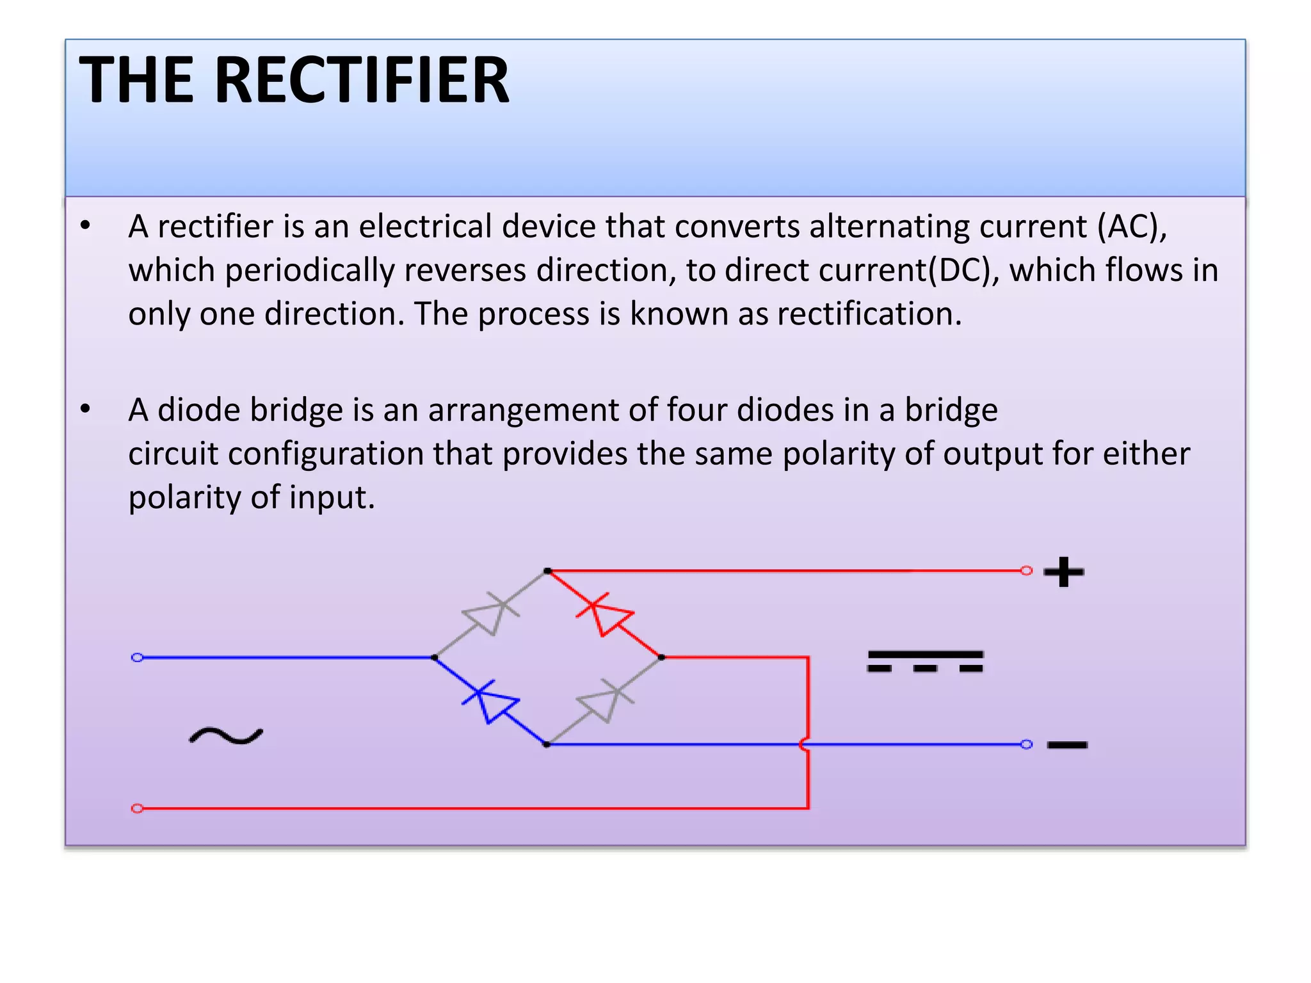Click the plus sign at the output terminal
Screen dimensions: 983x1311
pyautogui.click(x=1064, y=571)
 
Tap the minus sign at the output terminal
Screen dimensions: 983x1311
pyautogui.click(x=1067, y=744)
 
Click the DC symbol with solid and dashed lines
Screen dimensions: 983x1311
pyautogui.click(x=925, y=661)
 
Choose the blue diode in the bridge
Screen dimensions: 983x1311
pyautogui.click(x=491, y=701)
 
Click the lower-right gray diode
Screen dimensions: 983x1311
pyautogui.click(x=605, y=701)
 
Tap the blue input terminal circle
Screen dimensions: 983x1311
pyautogui.click(x=137, y=657)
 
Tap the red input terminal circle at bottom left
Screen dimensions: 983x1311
pyautogui.click(x=137, y=808)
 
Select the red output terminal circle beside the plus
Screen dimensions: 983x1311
pyautogui.click(x=1026, y=570)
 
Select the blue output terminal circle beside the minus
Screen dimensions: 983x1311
pyautogui.click(x=1026, y=744)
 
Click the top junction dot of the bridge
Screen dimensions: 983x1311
pyautogui.click(x=547, y=570)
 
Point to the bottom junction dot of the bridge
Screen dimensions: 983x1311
pyautogui.click(x=546, y=744)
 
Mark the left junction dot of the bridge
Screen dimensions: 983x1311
pyautogui.click(x=434, y=657)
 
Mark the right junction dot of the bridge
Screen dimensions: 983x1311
pyautogui.click(x=661, y=657)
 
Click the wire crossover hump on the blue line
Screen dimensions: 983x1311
pyautogui.click(x=805, y=744)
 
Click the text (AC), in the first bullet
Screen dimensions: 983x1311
pyautogui.click(x=1132, y=227)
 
